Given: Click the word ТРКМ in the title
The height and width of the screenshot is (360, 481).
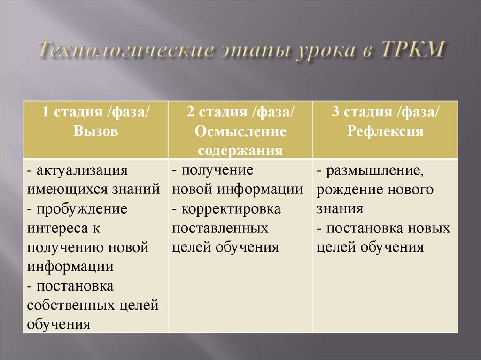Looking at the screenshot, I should pyautogui.click(x=413, y=51).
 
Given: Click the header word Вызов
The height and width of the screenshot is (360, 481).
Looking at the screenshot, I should pyautogui.click(x=95, y=131).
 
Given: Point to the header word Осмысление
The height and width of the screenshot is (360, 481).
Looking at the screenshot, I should pyautogui.click(x=240, y=131).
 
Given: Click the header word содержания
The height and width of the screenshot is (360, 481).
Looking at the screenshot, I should pyautogui.click(x=240, y=150).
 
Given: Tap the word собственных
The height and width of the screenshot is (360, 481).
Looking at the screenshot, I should pyautogui.click(x=70, y=305).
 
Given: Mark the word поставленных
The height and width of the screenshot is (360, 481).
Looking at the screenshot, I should pyautogui.click(x=220, y=228).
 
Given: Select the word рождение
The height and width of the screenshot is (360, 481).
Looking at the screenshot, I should pyautogui.click(x=349, y=190).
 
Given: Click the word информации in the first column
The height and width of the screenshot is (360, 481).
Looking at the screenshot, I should pyautogui.click(x=70, y=267).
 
